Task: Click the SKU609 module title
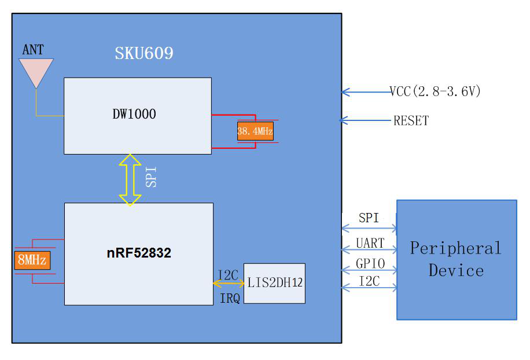pyautogui.click(x=144, y=54)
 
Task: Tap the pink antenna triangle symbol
pyautogui.click(x=36, y=70)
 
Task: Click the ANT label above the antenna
pyautogui.click(x=33, y=50)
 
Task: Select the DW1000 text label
pyautogui.click(x=134, y=114)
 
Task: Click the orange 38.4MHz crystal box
pyautogui.click(x=255, y=131)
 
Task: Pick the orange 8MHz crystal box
pyautogui.click(x=32, y=260)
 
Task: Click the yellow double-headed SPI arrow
pyautogui.click(x=130, y=179)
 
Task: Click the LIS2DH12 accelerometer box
pyautogui.click(x=274, y=283)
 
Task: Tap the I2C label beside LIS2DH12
pyautogui.click(x=227, y=275)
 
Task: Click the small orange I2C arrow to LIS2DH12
pyautogui.click(x=229, y=284)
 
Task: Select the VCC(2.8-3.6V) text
pyautogui.click(x=435, y=91)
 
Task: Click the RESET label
pyautogui.click(x=411, y=121)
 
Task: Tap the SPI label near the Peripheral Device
pyautogui.click(x=369, y=218)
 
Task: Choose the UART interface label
pyautogui.click(x=370, y=243)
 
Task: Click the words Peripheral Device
pyautogui.click(x=456, y=259)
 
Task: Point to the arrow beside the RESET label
pyautogui.click(x=365, y=120)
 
